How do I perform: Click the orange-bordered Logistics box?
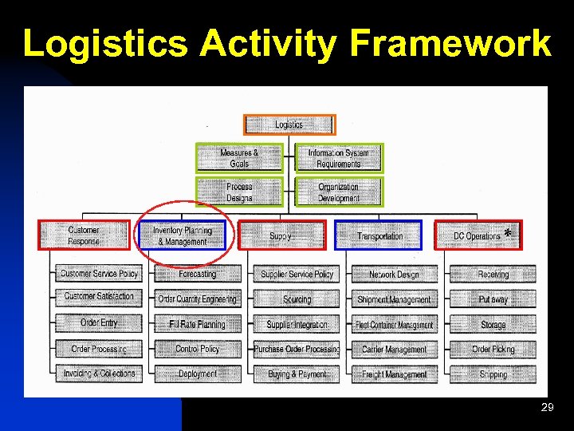pyautogui.click(x=289, y=125)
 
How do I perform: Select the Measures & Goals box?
pyautogui.click(x=239, y=158)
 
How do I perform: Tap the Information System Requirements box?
pyautogui.click(x=339, y=158)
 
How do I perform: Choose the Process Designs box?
pyautogui.click(x=239, y=192)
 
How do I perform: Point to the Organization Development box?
pyautogui.click(x=339, y=192)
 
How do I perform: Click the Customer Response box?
pyautogui.click(x=84, y=235)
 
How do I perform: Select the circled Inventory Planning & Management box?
pyautogui.click(x=183, y=235)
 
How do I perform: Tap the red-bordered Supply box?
pyautogui.click(x=281, y=235)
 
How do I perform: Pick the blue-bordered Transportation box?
pyautogui.click(x=379, y=235)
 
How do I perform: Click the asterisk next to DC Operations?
pyautogui.click(x=508, y=233)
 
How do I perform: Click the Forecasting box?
pyautogui.click(x=197, y=274)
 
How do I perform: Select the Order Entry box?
pyautogui.click(x=98, y=323)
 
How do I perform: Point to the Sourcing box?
pyautogui.click(x=297, y=299)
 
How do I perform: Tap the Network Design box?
pyautogui.click(x=394, y=274)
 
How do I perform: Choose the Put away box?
pyautogui.click(x=493, y=299)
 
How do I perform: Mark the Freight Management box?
pyautogui.click(x=394, y=373)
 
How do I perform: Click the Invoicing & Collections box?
pyautogui.click(x=98, y=373)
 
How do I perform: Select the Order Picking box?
pyautogui.click(x=493, y=349)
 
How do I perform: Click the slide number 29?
pyautogui.click(x=547, y=408)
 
